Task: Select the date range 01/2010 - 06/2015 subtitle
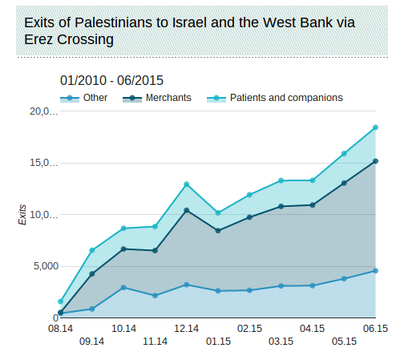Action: (111, 80)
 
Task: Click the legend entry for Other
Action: (95, 98)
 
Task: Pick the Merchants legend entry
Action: (168, 98)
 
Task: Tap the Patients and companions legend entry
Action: (285, 98)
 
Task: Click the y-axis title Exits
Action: (22, 215)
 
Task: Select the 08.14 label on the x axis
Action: (60, 328)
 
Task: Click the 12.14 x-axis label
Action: (186, 328)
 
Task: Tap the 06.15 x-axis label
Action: (375, 328)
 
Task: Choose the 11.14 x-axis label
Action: (155, 342)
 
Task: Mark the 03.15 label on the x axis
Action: (281, 342)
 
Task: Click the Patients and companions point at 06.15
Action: (375, 127)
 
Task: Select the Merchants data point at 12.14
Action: (187, 210)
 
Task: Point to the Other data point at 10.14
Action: (123, 287)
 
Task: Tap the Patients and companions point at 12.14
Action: (187, 184)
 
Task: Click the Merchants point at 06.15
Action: (375, 161)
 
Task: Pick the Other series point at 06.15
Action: (375, 270)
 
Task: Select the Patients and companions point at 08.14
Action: (61, 301)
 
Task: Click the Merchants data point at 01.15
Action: (218, 230)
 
